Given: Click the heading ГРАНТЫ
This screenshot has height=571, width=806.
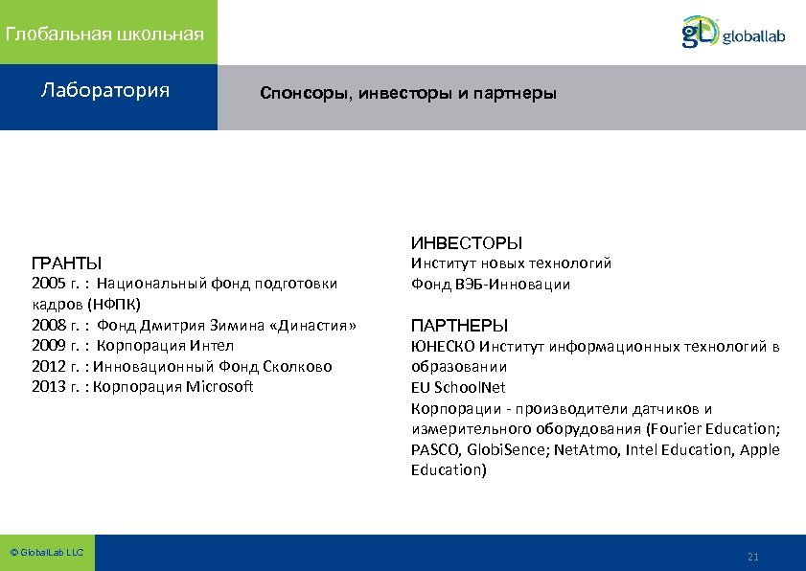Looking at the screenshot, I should pos(67,263).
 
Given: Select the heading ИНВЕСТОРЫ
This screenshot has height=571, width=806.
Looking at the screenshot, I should pos(467,243).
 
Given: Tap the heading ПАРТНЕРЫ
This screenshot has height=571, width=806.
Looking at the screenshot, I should pos(459,325).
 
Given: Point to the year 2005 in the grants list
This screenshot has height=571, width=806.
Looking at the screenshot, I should pos(49,284).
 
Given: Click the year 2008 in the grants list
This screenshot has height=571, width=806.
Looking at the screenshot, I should pos(49,326).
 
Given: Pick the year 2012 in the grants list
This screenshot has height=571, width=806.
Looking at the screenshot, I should pos(49,367).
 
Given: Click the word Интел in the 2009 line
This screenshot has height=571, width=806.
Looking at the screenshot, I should pos(212,346).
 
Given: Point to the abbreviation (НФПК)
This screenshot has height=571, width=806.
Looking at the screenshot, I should pos(113,305).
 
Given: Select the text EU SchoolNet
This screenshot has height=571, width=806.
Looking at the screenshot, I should pos(457,388).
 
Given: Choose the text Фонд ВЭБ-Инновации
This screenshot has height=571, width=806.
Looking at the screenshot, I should pos(490,285).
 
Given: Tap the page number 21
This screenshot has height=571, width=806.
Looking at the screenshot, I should pos(752,557).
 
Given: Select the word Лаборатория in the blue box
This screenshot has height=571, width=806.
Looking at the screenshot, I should pos(105,91).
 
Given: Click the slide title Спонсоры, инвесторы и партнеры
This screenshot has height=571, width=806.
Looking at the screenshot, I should pos(407,95).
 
